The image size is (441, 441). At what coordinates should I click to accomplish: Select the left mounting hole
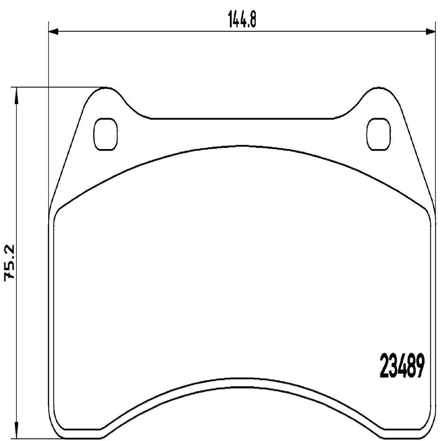click(x=105, y=134)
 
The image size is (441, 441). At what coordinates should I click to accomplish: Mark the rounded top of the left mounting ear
click(x=106, y=88)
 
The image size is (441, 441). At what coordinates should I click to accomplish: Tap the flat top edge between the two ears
click(x=242, y=117)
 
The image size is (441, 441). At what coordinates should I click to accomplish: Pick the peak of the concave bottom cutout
click(x=242, y=380)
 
